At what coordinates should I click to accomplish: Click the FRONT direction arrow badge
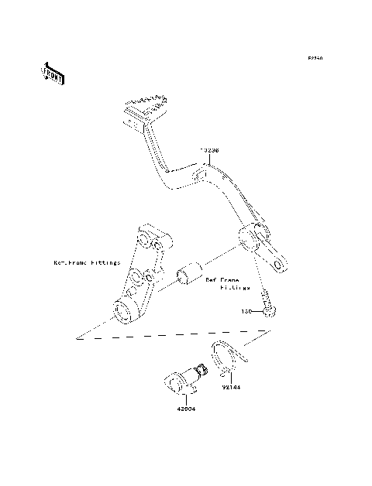pyautogui.click(x=53, y=74)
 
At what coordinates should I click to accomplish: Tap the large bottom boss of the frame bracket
pyautogui.click(x=124, y=311)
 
